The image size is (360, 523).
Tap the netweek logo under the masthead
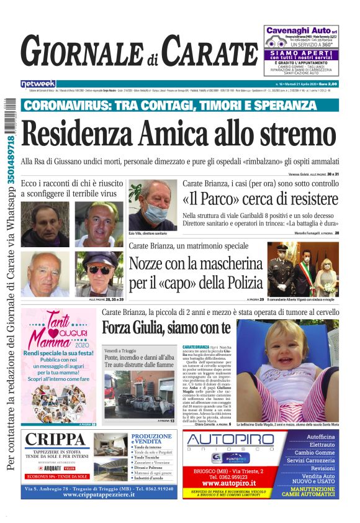pos(38,84)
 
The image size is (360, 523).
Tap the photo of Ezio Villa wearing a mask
pos(152,205)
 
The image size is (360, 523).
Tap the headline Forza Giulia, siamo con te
pos(166,327)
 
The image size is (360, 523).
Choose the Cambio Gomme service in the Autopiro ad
pos(314,453)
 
